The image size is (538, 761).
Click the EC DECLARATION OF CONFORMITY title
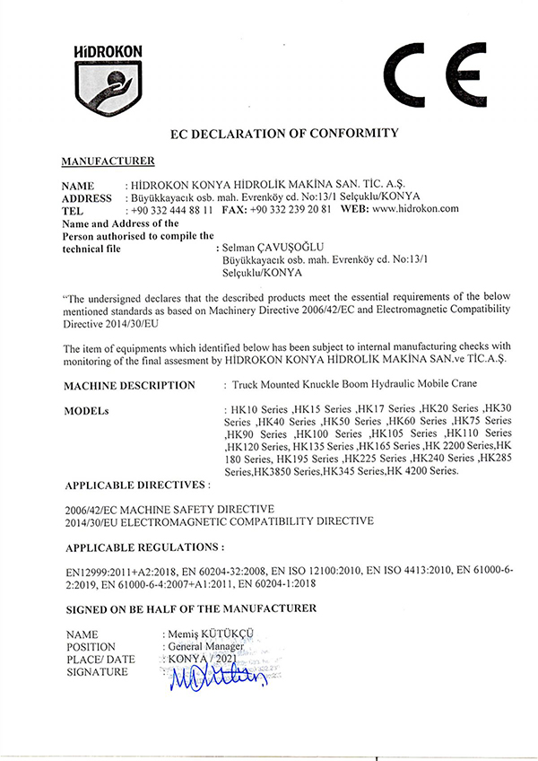(283, 134)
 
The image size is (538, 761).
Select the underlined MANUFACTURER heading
(108, 161)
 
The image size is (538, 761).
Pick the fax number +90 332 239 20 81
(291, 209)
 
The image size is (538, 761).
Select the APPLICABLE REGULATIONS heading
(144, 546)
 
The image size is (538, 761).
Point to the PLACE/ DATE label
(100, 659)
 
